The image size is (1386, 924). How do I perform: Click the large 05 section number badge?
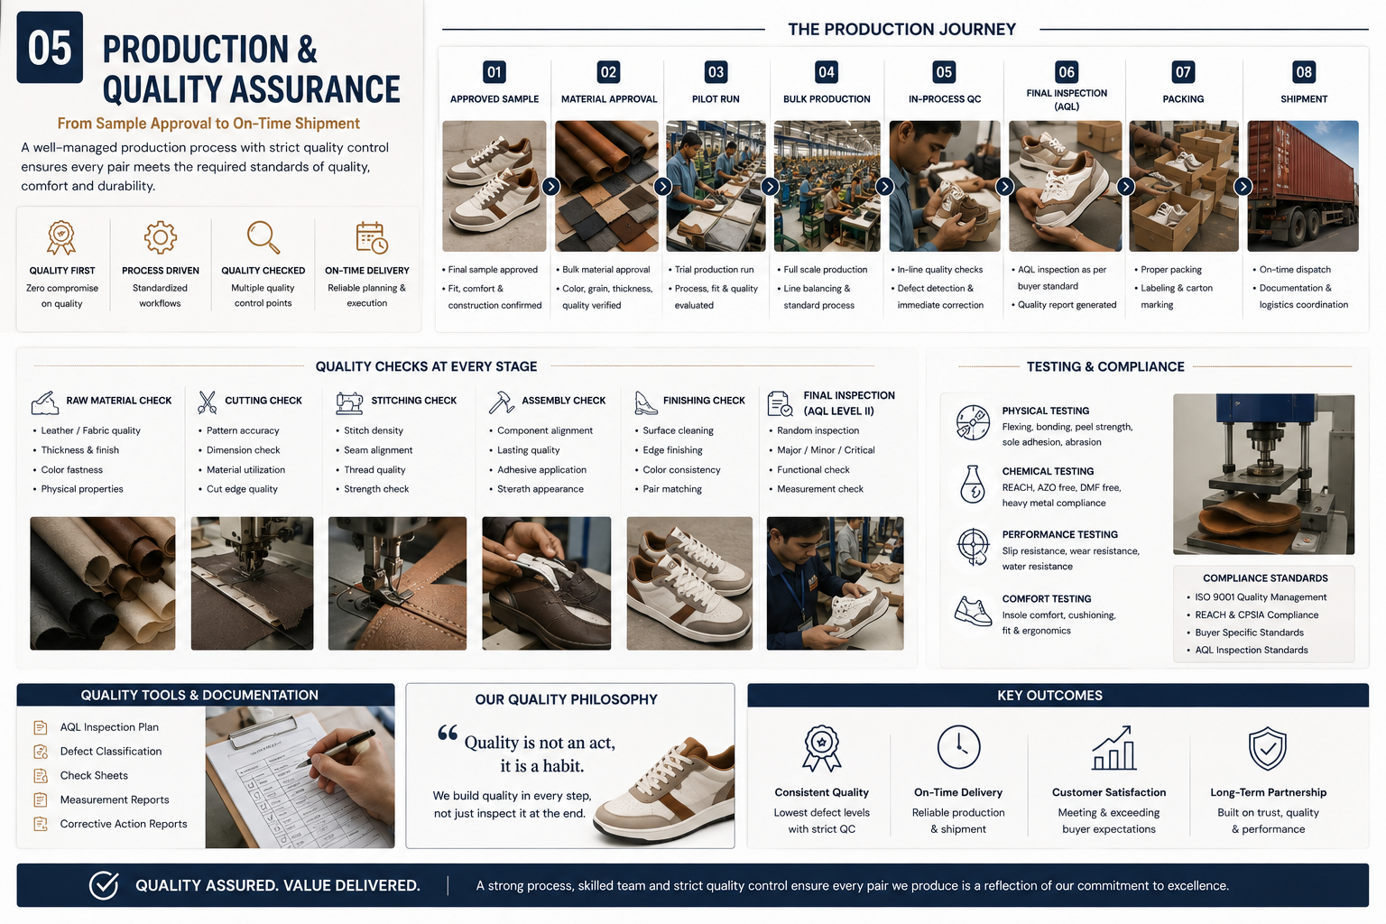point(50,48)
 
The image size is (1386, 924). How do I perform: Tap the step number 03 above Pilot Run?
point(716,72)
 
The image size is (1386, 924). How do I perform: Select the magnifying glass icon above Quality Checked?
point(263,237)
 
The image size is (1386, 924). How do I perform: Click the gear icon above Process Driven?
point(161,237)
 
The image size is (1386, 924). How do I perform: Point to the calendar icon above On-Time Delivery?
point(371,237)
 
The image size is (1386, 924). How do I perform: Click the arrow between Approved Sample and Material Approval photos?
point(550,186)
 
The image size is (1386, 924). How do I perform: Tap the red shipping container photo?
point(1302,186)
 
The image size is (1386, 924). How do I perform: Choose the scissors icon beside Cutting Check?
point(207,402)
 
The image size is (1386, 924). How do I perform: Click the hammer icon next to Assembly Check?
point(501,402)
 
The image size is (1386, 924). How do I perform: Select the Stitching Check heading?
point(413,401)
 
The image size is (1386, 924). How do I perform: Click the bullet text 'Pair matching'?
point(672,489)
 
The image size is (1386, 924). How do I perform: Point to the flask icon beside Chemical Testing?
point(972,484)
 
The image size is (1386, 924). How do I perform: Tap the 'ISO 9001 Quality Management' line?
point(1261,597)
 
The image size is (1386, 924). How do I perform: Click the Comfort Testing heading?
point(1047,598)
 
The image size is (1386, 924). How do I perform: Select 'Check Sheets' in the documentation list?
point(94,775)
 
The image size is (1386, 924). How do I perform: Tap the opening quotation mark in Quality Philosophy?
point(448,733)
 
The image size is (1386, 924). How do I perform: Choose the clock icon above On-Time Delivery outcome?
point(958,747)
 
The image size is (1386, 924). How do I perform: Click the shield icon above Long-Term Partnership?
point(1267,748)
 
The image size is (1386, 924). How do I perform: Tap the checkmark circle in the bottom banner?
point(104,885)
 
